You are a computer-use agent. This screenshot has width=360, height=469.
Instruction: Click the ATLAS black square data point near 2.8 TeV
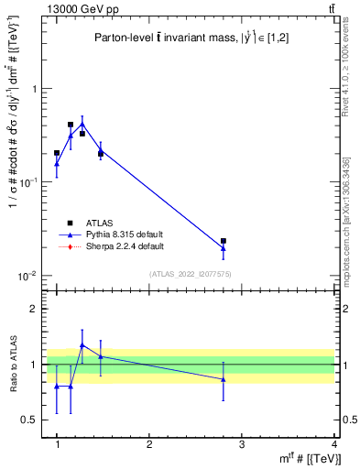click(224, 241)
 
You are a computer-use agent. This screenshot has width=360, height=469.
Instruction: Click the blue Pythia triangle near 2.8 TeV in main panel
click(224, 248)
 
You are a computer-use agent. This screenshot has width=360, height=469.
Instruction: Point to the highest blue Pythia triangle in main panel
click(82, 124)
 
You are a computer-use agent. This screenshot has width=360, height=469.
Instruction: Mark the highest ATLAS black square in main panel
click(71, 125)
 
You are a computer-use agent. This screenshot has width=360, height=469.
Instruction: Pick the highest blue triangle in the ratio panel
click(82, 345)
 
